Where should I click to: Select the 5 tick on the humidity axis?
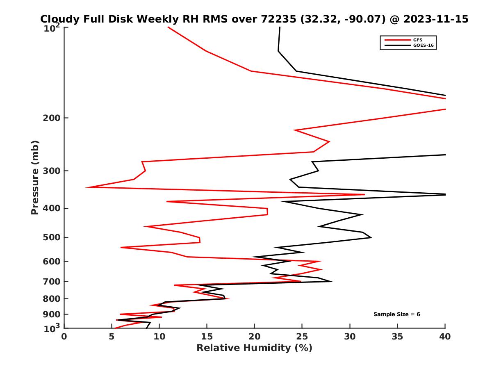point(112,337)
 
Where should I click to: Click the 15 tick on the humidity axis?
point(207,337)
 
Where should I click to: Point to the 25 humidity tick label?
point(302,337)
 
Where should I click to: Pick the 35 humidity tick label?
point(397,337)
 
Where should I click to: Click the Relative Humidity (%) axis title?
point(254,348)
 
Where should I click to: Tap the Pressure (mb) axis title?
point(35,178)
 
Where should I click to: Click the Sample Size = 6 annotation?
point(396,314)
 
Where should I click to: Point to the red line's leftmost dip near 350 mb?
point(87,187)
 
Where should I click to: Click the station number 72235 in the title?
point(279,19)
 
